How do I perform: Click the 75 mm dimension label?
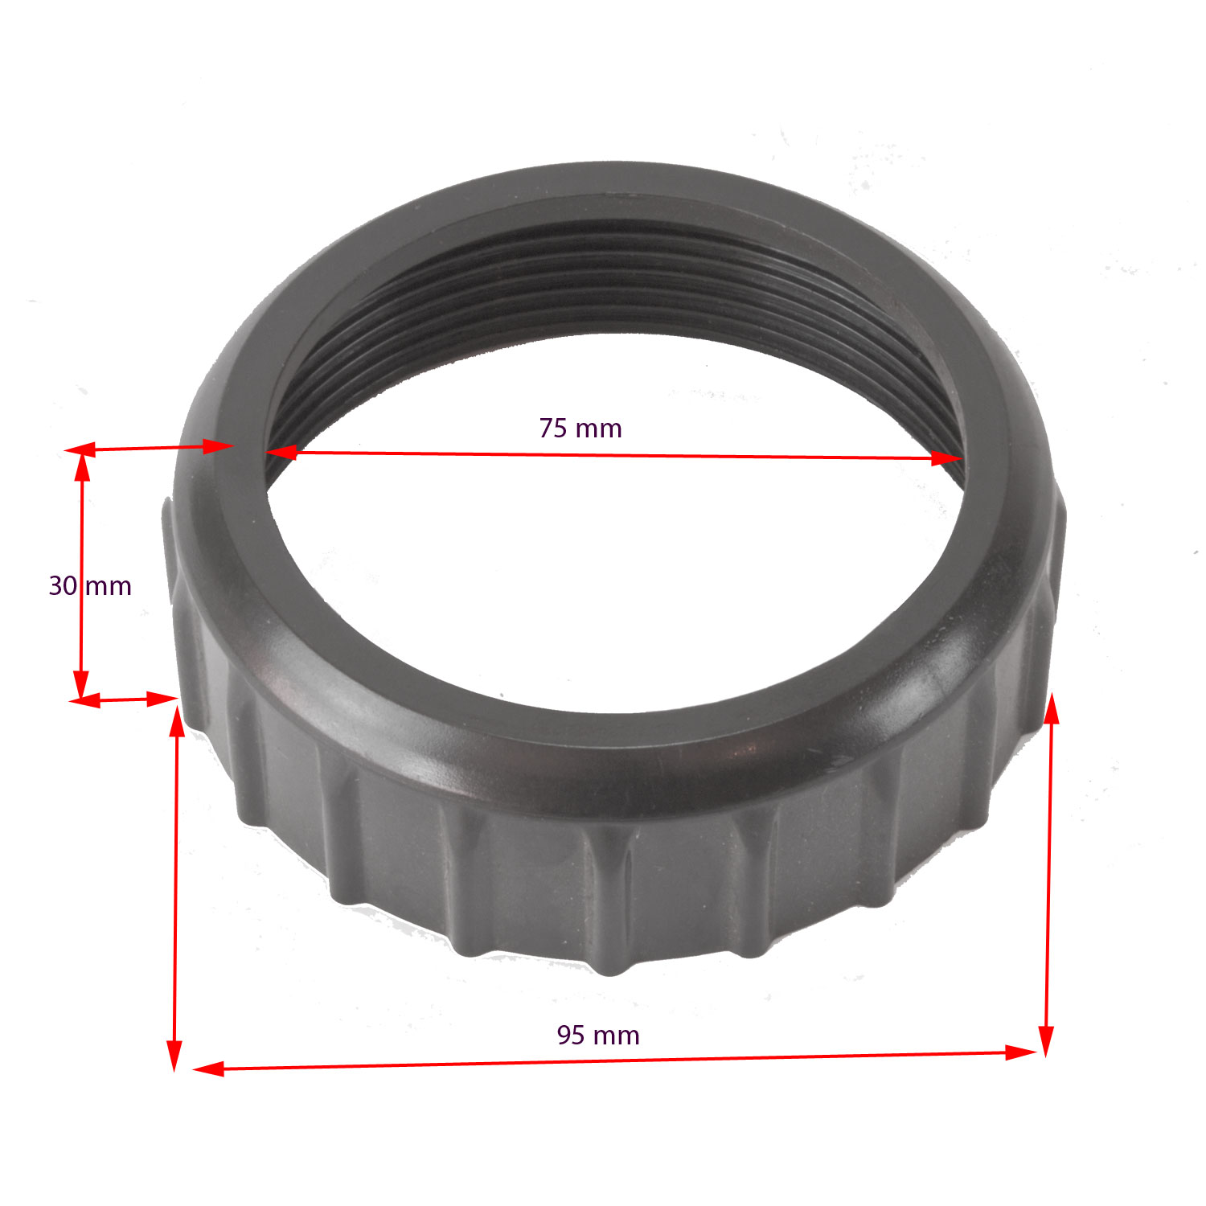(x=580, y=428)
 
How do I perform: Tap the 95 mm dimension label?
(x=598, y=1035)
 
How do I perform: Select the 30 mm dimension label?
(x=90, y=585)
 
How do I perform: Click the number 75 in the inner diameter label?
(x=552, y=428)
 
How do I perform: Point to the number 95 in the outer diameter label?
(x=571, y=1035)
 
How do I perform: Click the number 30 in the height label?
(x=63, y=585)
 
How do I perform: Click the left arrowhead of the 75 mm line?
(x=281, y=453)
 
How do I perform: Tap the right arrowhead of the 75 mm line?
(x=947, y=458)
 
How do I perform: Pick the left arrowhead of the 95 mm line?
(x=208, y=1069)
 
